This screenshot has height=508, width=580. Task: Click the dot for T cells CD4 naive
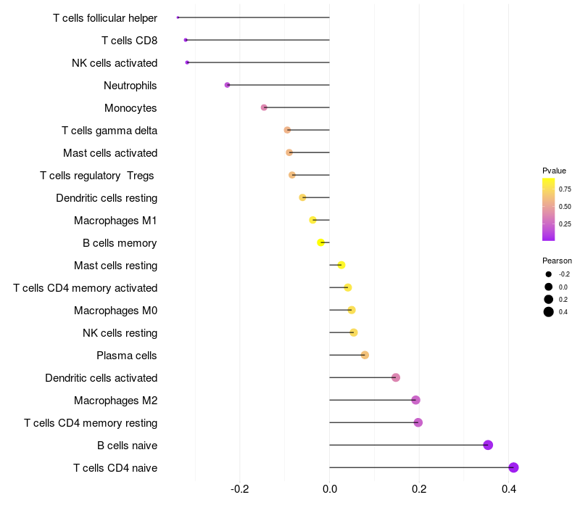(513, 467)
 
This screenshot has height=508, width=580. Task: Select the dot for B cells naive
(488, 445)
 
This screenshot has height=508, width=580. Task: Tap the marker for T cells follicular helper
(178, 17)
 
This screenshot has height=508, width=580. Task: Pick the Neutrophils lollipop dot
(228, 85)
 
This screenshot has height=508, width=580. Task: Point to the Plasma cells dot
(365, 355)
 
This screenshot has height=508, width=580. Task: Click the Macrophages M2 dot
(415, 400)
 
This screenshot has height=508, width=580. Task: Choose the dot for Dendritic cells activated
(396, 377)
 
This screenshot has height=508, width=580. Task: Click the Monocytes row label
(130, 108)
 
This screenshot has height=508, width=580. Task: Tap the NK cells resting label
(120, 333)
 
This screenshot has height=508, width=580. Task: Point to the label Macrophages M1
(115, 221)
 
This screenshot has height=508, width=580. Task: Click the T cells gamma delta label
(109, 131)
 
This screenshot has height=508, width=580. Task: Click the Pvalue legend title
(555, 171)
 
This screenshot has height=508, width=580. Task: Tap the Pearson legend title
(557, 261)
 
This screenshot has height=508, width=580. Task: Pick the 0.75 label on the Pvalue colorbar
(565, 189)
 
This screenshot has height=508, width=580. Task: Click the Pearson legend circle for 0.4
(549, 312)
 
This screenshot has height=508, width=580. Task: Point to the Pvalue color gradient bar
(549, 209)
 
